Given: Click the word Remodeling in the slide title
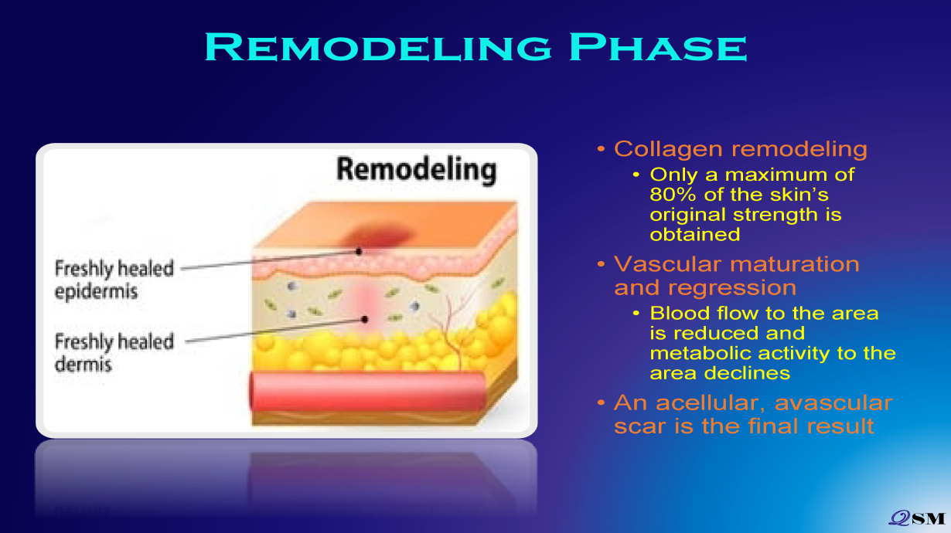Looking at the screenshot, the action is click(x=378, y=47).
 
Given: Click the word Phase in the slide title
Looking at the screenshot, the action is click(x=658, y=47).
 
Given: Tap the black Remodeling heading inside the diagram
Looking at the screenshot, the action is click(x=417, y=171).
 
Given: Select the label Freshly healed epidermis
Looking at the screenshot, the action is click(x=114, y=280).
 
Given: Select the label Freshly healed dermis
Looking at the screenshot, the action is click(x=114, y=353).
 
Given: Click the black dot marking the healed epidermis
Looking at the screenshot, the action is click(x=359, y=252).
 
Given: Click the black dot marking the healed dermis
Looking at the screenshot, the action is click(x=365, y=319).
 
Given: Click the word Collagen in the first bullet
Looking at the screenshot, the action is click(x=668, y=149).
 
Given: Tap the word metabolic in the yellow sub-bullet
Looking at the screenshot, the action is click(x=697, y=353).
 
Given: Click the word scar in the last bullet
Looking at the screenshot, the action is click(x=641, y=426).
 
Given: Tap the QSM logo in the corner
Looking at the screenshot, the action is click(x=917, y=518).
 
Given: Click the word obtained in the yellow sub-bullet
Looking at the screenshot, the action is click(x=695, y=235).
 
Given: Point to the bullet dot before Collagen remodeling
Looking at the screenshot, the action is click(x=601, y=149).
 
